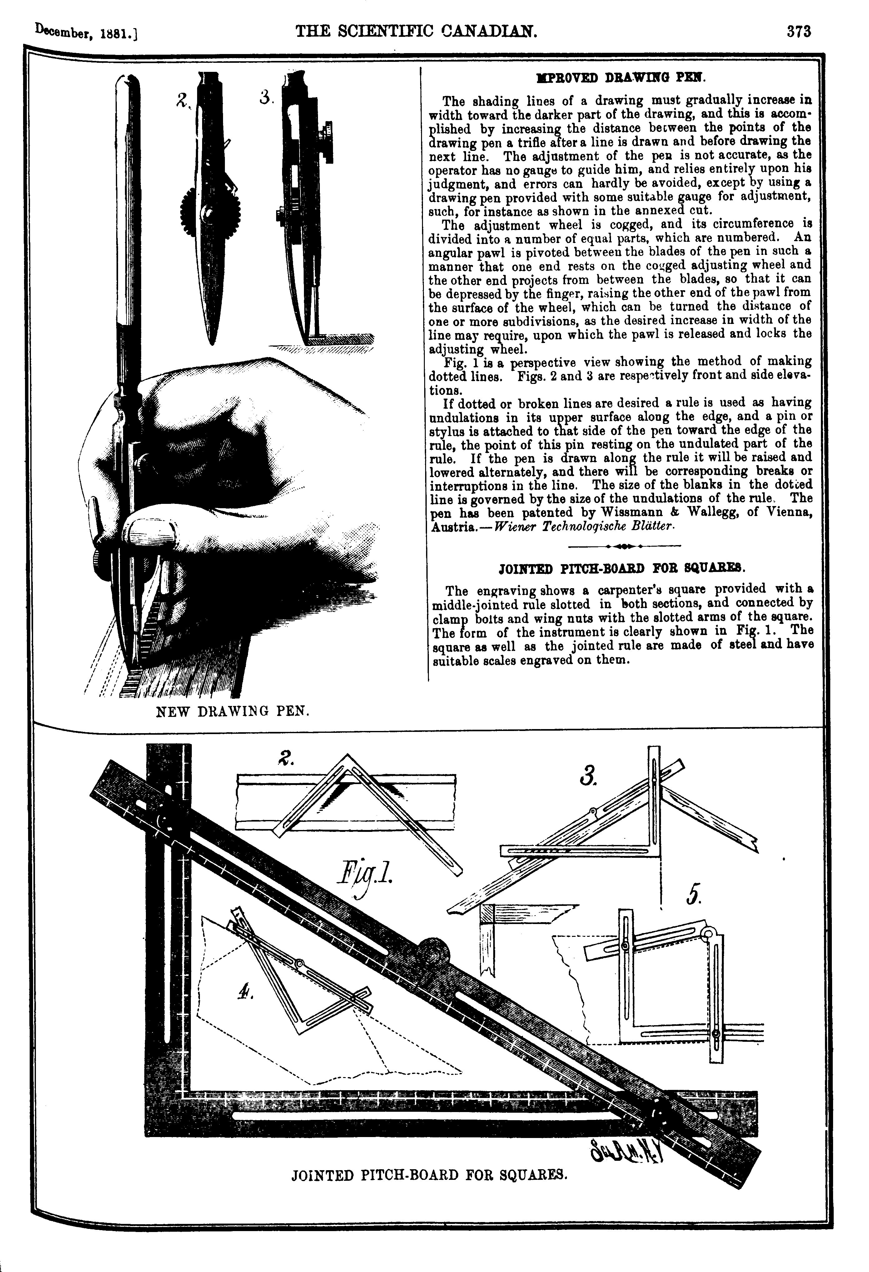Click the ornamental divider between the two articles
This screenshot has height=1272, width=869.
tap(625, 546)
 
